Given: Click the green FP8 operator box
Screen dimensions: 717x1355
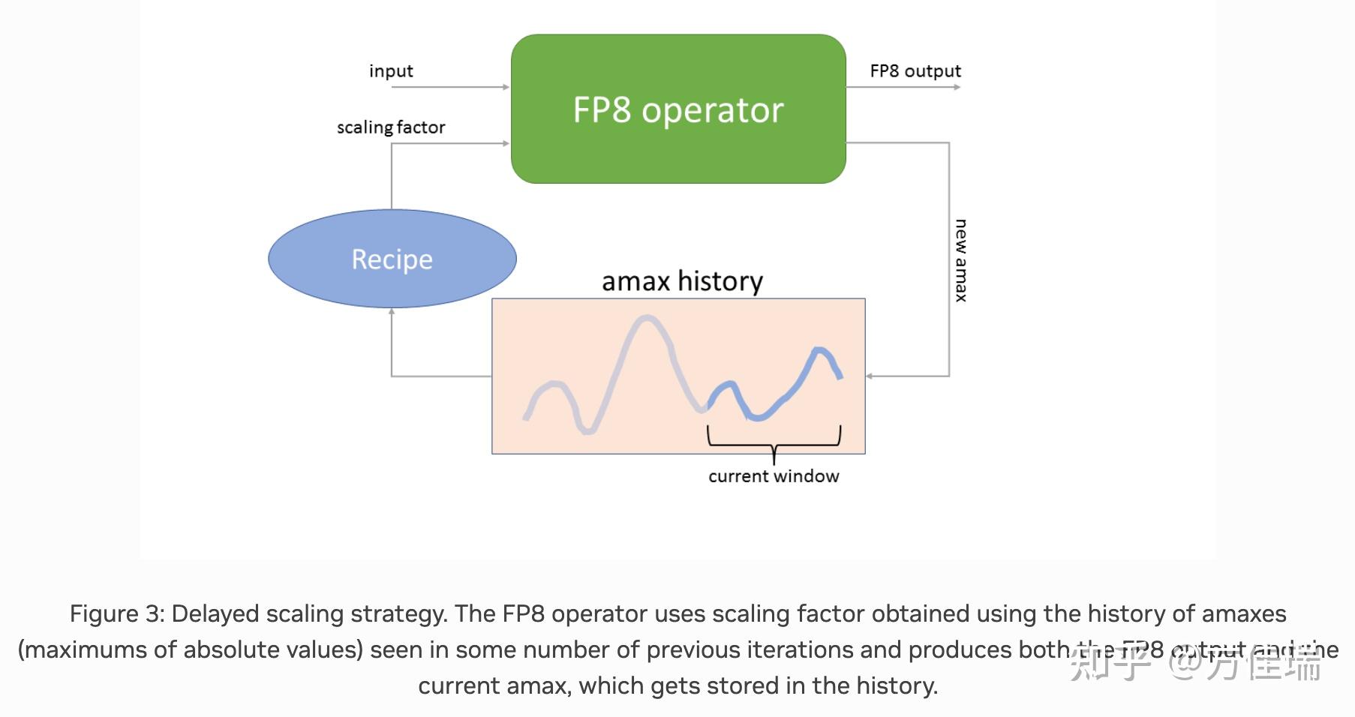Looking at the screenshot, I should pos(678,109).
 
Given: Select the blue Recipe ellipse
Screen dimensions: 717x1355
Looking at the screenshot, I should pos(392,259).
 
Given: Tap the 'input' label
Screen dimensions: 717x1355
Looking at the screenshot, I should pos(391,71).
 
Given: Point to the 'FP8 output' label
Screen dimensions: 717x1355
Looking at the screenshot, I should pos(915,71).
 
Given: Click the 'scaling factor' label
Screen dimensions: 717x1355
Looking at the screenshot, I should pos(391,127).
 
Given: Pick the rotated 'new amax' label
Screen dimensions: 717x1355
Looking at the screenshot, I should pos(960,260).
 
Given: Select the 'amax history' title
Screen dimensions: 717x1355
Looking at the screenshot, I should pos(682,281).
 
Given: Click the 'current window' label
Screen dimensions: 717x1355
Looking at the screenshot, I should pos(774,476).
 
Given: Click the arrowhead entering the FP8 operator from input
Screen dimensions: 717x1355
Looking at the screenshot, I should pos(506,87).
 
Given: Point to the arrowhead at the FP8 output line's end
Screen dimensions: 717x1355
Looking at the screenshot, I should pos(957,87).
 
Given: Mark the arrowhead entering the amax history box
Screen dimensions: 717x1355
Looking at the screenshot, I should pos(870,376).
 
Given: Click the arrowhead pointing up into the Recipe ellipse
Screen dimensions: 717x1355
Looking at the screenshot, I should pos(392,311).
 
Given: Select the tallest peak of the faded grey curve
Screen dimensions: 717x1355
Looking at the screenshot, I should pos(645,319).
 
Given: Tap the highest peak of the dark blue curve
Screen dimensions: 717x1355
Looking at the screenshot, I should pos(819,349).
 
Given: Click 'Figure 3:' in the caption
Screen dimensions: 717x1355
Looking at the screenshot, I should pos(117,613).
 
